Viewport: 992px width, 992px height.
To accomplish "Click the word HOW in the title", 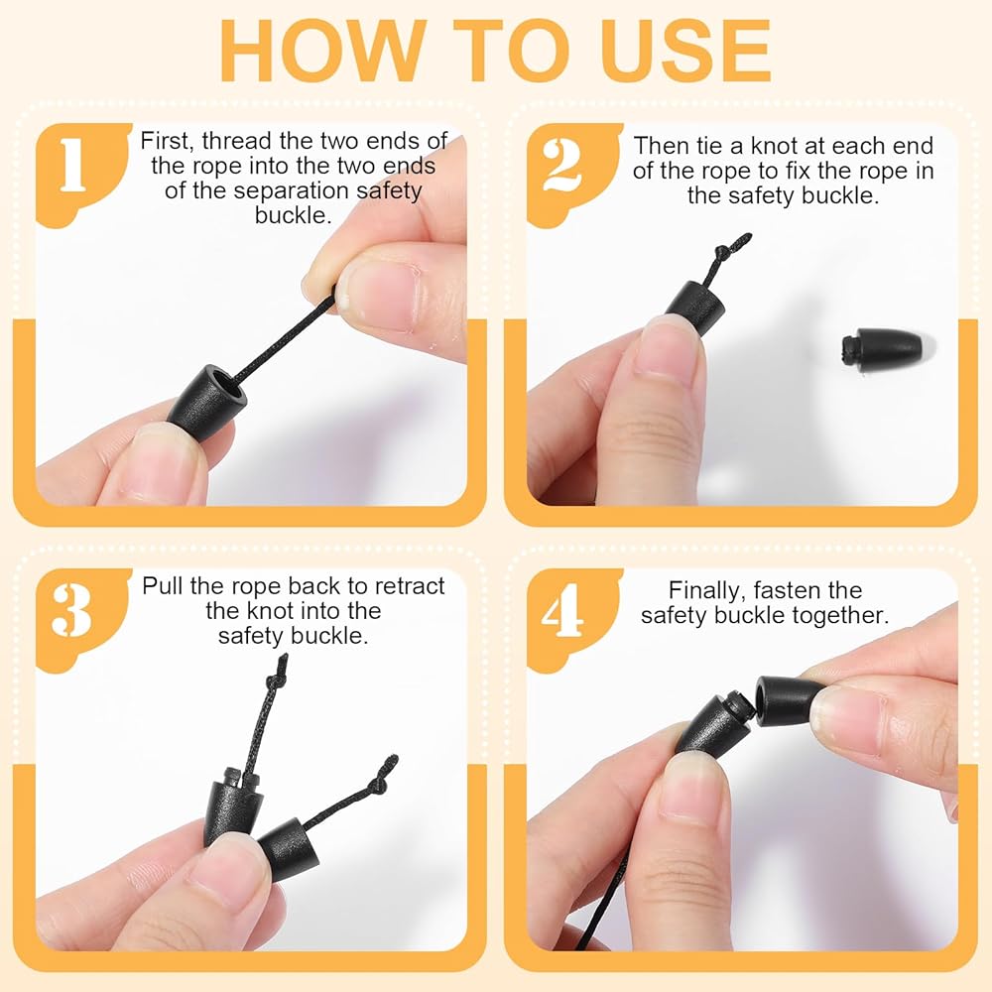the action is point(322,51).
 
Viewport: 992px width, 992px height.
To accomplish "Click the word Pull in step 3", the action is point(163,586).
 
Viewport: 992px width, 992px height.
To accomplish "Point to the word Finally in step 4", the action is point(706,591).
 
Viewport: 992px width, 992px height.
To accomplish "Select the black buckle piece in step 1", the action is point(208,402).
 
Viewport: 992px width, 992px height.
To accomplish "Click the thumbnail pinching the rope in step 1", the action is point(381,298).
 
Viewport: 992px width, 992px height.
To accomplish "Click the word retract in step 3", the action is point(409,586).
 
